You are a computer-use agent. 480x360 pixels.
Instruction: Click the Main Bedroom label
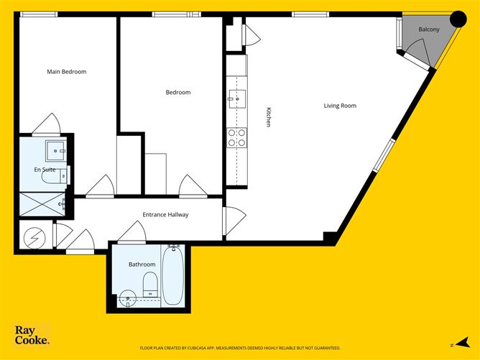(67, 72)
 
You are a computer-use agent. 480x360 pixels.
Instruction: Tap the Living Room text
(340, 106)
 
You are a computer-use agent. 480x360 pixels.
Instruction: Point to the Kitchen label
(269, 117)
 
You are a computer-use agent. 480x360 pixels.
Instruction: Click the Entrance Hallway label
(165, 215)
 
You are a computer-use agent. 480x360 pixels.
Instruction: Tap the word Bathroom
(142, 264)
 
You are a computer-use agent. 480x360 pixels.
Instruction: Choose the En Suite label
(45, 170)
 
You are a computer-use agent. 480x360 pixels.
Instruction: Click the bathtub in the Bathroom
(172, 275)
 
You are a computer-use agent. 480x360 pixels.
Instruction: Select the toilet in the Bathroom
(150, 284)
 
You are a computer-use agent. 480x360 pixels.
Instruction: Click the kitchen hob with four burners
(236, 137)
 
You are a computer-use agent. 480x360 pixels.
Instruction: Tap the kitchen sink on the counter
(236, 98)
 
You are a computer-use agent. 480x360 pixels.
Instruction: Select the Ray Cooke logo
(32, 335)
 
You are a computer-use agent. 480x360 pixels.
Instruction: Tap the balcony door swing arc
(415, 50)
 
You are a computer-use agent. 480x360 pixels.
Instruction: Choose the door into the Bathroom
(133, 232)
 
